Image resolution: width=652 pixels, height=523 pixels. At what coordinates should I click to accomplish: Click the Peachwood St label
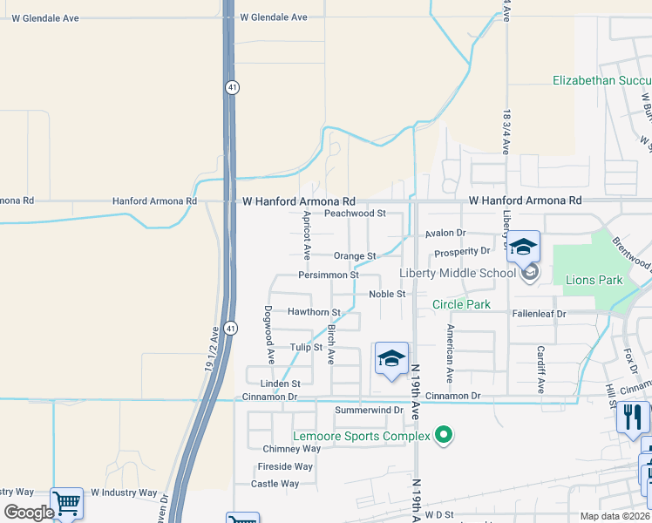click(x=355, y=213)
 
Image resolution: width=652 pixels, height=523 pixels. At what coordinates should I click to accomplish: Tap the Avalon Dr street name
click(x=446, y=234)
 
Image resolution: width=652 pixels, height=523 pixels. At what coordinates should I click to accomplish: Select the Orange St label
click(x=355, y=256)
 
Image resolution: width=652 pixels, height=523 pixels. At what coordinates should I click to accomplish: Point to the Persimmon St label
click(x=329, y=275)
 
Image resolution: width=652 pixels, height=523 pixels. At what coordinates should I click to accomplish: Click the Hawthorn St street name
click(x=314, y=312)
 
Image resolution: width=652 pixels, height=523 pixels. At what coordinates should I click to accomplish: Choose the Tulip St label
click(x=306, y=347)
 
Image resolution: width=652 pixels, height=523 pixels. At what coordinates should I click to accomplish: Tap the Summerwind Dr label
click(x=369, y=410)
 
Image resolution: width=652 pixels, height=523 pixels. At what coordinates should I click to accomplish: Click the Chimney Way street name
click(x=292, y=449)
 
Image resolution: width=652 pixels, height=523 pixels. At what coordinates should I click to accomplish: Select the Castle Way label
click(x=275, y=484)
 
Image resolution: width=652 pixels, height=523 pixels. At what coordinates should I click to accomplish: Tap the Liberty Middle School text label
click(x=458, y=273)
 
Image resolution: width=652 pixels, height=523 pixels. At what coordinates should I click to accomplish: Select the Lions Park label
click(x=594, y=280)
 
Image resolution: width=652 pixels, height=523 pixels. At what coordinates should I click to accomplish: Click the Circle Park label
click(x=462, y=304)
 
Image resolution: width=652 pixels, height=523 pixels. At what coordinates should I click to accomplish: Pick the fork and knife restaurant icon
click(x=633, y=418)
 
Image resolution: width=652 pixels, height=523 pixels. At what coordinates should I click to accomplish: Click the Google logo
click(x=29, y=512)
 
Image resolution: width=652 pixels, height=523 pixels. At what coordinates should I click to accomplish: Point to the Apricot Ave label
click(x=307, y=235)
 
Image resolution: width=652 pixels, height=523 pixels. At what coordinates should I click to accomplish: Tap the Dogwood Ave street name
click(x=269, y=334)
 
